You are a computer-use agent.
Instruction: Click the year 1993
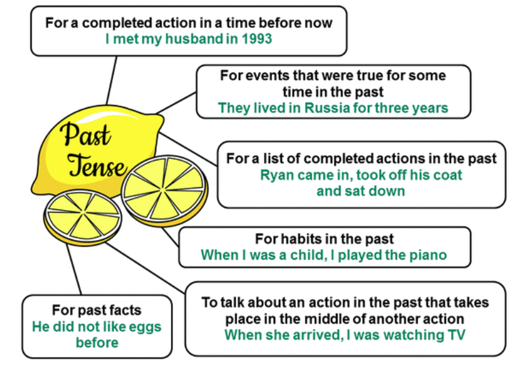tap(257, 39)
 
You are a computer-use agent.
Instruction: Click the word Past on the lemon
tap(86, 135)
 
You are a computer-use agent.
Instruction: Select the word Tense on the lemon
tap(97, 165)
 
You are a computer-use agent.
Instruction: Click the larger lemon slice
tap(165, 190)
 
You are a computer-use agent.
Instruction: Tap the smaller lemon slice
tap(82, 218)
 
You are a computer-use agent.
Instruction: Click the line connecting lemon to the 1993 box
tap(111, 81)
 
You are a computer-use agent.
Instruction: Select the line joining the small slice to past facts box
tap(74, 269)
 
